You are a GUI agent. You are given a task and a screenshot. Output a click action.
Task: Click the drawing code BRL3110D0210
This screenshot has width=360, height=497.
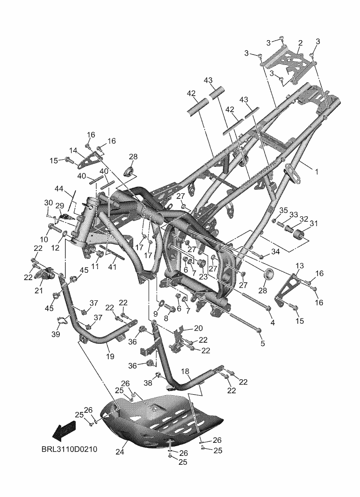tap(69, 450)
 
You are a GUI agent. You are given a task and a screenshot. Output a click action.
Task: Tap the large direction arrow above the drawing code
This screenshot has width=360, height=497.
tap(64, 430)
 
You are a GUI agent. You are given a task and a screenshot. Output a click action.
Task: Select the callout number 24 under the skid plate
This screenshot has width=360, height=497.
tap(120, 452)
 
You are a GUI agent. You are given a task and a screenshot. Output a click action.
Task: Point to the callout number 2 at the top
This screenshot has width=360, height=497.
tap(300, 43)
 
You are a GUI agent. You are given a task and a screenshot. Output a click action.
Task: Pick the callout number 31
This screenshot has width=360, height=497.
tap(313, 224)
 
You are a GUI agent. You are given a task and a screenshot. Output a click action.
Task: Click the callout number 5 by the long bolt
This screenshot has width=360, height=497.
tap(262, 344)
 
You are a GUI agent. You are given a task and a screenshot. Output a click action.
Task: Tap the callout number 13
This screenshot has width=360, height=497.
tap(299, 265)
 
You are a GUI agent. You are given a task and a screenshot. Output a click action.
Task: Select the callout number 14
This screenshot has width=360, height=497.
tap(73, 150)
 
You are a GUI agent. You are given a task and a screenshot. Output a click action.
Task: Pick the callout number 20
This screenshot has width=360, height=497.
tap(198, 327)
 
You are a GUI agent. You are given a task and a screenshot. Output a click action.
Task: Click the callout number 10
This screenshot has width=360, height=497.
tap(44, 227)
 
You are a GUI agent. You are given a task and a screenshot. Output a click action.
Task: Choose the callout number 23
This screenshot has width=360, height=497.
tap(203, 276)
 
